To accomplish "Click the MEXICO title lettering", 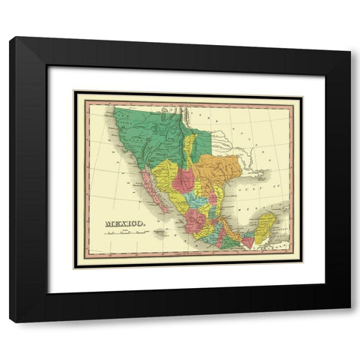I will pyautogui.click(x=124, y=223).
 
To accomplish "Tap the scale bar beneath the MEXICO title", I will pyautogui.click(x=124, y=232).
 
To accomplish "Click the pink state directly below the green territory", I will pyautogui.click(x=182, y=180).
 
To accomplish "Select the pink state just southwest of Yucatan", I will pyautogui.click(x=247, y=241).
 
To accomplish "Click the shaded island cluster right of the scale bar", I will pyautogui.click(x=160, y=232).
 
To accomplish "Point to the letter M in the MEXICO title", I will pyautogui.click(x=109, y=223).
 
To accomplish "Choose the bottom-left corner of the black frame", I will pyautogui.click(x=10, y=322).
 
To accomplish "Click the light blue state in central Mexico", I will pyautogui.click(x=196, y=201).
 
